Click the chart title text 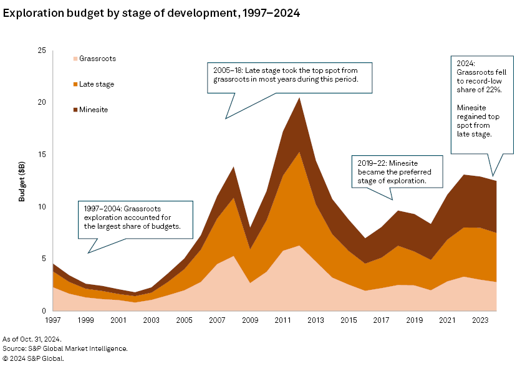(152, 13)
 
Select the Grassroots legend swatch (75, 59)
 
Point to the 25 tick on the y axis (42, 50)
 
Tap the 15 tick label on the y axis (42, 155)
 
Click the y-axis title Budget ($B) (22, 180)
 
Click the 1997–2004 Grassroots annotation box (133, 216)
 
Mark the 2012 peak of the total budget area (300, 98)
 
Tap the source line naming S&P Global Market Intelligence (65, 348)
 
